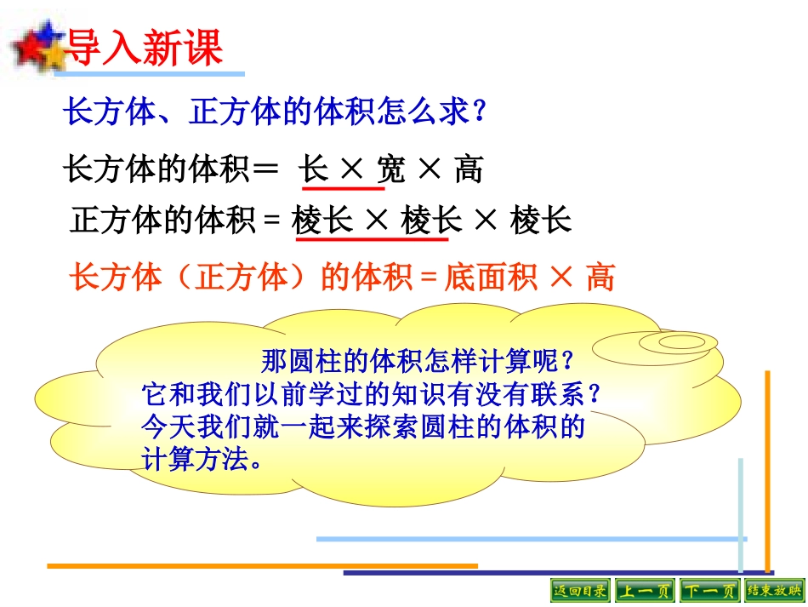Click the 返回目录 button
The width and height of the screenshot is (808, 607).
point(580,590)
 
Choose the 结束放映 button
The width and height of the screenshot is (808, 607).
point(773,590)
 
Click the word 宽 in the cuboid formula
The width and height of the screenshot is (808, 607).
point(392,169)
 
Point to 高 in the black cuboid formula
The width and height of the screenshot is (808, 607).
point(469,169)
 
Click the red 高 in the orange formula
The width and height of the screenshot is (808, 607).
point(600,278)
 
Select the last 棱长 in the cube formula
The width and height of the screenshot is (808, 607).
point(541,221)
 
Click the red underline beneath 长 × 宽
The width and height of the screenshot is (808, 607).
point(341,186)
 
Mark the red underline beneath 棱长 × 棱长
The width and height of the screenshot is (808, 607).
point(372,239)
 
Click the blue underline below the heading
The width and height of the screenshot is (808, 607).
point(149,75)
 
